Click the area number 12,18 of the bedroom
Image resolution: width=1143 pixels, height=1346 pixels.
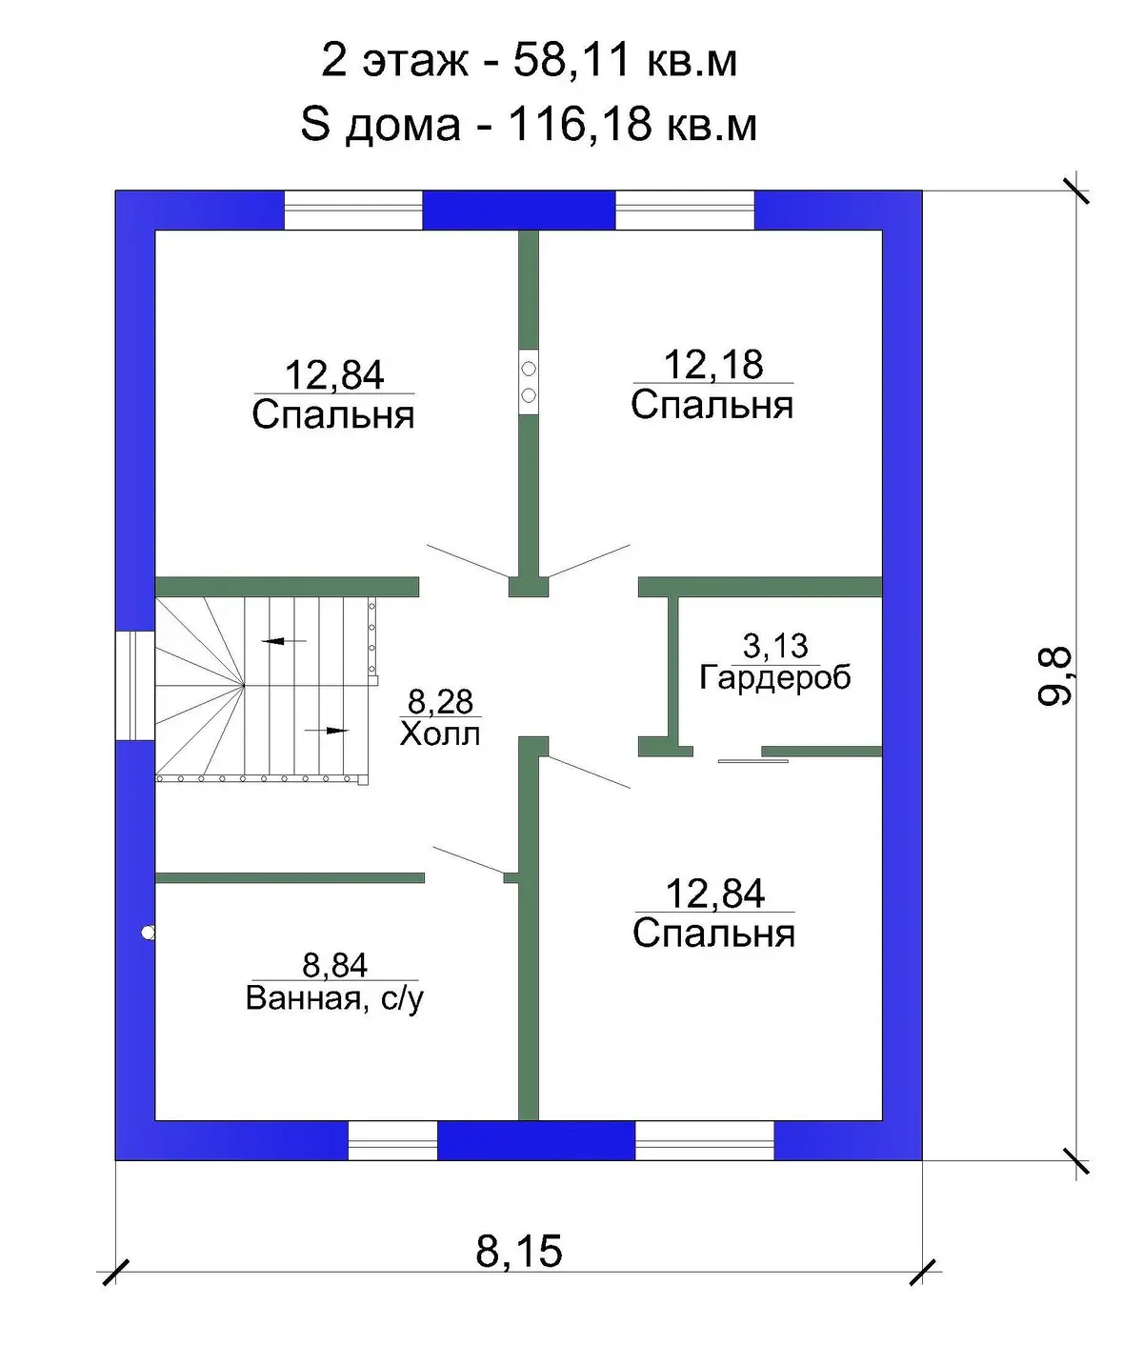pyautogui.click(x=713, y=365)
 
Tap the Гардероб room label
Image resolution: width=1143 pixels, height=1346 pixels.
pyautogui.click(x=775, y=678)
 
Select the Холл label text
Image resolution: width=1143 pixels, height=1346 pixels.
pyautogui.click(x=440, y=734)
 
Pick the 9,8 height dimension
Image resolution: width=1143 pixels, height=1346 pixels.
pyautogui.click(x=1053, y=675)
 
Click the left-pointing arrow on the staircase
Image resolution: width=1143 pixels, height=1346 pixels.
pyautogui.click(x=284, y=641)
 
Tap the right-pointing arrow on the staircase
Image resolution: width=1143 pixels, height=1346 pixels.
pyautogui.click(x=327, y=730)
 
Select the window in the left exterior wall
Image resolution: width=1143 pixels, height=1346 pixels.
pyautogui.click(x=135, y=686)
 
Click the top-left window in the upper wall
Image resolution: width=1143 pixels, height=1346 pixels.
pyautogui.click(x=353, y=211)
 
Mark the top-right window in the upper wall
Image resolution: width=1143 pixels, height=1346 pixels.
pyautogui.click(x=685, y=211)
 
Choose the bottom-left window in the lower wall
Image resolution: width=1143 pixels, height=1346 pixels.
pyautogui.click(x=392, y=1140)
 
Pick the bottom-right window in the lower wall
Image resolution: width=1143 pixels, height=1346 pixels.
pyautogui.click(x=705, y=1140)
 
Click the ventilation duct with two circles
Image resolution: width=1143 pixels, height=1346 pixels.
pyautogui.click(x=529, y=382)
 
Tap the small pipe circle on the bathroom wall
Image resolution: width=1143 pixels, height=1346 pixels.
pyautogui.click(x=149, y=934)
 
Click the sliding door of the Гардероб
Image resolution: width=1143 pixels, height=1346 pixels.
pyautogui.click(x=752, y=760)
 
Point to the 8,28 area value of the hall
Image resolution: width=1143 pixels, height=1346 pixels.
pyautogui.click(x=440, y=703)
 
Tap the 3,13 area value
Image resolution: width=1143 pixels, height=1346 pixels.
pyautogui.click(x=775, y=646)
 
